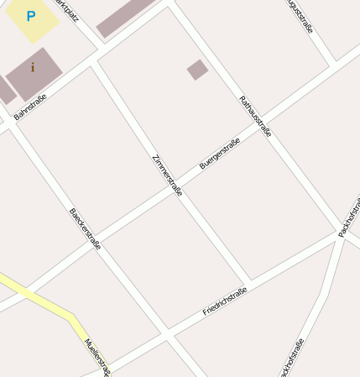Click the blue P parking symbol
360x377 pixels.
(x=31, y=16)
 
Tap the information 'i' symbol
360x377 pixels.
(x=33, y=67)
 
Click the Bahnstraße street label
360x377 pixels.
(x=30, y=106)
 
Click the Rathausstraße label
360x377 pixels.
(x=255, y=116)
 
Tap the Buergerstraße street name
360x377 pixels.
(x=220, y=154)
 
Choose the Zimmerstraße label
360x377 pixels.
(x=167, y=175)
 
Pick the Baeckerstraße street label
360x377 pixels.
(x=85, y=228)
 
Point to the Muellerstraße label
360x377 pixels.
(x=97, y=356)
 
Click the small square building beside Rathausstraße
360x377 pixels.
(x=197, y=70)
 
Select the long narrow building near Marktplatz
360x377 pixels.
(x=126, y=18)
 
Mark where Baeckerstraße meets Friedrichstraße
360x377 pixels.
(x=167, y=334)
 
